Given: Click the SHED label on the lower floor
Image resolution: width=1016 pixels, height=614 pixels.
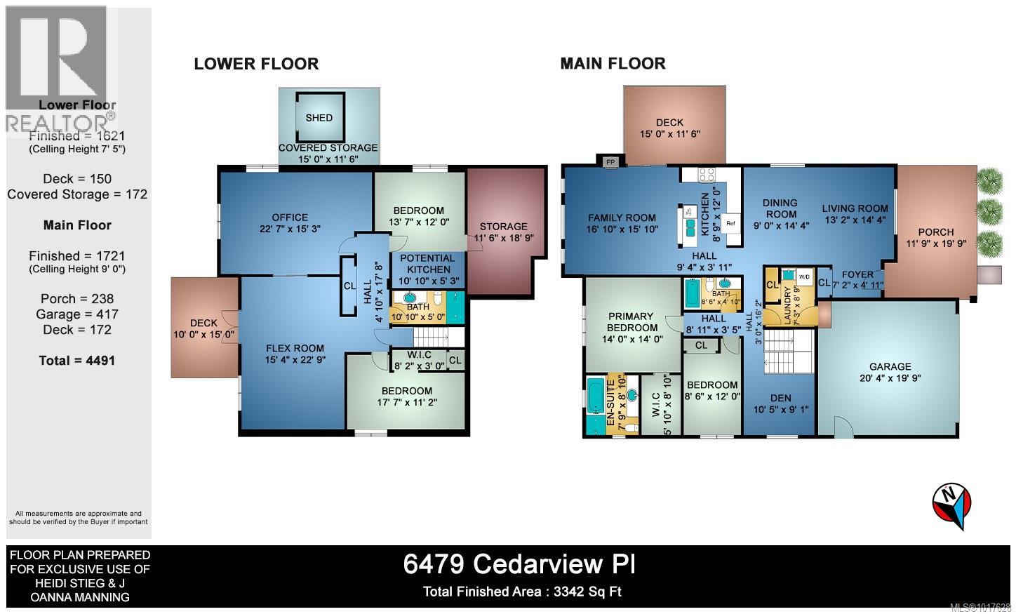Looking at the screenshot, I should coord(319,118).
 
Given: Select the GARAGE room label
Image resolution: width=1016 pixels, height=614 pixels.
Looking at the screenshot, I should coord(890,366).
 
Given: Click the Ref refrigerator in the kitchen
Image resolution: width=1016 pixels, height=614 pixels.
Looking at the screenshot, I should coord(730,224).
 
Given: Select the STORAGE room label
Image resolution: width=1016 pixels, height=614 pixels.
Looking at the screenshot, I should coord(503,227).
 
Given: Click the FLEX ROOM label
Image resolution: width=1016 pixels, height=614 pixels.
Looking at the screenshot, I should coord(295,348).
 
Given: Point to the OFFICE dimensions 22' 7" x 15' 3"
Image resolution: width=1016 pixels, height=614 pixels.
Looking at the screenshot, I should coord(290,229).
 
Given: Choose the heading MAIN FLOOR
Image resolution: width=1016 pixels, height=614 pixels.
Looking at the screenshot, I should coord(613,64).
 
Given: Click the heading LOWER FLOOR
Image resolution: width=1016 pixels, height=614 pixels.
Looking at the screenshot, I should coord(256,64).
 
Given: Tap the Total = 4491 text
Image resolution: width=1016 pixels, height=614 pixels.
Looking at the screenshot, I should coord(77,361).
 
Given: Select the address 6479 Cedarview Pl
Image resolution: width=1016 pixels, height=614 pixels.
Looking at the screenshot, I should coord(519,564).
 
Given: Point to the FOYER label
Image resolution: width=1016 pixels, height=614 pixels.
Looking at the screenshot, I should coord(857,274).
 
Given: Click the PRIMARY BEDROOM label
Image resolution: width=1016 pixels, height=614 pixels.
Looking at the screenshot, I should coord(631,322).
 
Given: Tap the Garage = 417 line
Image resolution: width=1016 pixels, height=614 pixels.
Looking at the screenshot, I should coord(77,314).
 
